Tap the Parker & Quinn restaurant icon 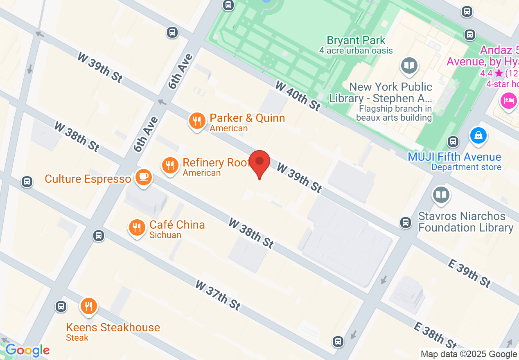coord(197,121)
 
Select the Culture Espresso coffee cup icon coord(143,177)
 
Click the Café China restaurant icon coord(137,227)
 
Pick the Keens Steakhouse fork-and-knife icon coord(88,306)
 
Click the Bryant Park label coord(356,40)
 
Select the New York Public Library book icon coord(409,65)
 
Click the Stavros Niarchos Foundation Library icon coord(441,195)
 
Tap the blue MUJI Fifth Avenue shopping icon coord(478,135)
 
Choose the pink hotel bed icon coord(508,100)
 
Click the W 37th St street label coord(217,295)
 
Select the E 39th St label coord(469,273)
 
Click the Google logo coord(27,351)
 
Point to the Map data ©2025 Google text coord(469,354)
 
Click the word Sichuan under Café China coord(165,235)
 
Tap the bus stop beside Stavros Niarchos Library coord(406,222)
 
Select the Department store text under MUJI coord(466,167)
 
